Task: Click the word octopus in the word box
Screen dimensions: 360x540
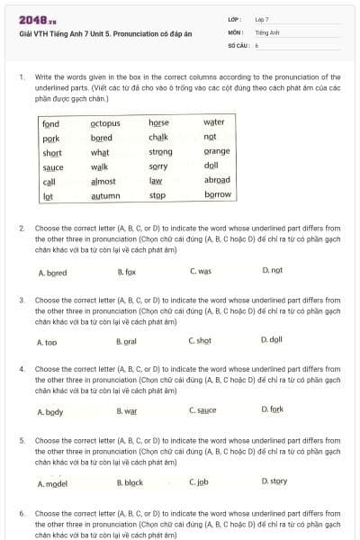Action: click(x=105, y=123)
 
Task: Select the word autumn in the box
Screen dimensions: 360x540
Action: click(x=105, y=195)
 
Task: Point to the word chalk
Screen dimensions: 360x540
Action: click(x=158, y=138)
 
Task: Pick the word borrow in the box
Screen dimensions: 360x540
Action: click(x=218, y=194)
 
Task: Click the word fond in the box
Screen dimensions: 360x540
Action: click(x=51, y=124)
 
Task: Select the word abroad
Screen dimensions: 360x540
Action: click(x=218, y=180)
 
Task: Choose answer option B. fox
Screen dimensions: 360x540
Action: click(x=126, y=272)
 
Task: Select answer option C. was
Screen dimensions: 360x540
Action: click(x=200, y=271)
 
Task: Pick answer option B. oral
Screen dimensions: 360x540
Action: click(x=126, y=342)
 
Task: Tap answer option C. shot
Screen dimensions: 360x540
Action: click(x=200, y=341)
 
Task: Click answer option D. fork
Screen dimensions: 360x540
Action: click(x=272, y=410)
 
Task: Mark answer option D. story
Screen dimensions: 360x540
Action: click(x=274, y=481)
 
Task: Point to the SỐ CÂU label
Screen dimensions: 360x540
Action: click(x=237, y=44)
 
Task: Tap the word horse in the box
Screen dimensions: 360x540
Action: click(x=158, y=123)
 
